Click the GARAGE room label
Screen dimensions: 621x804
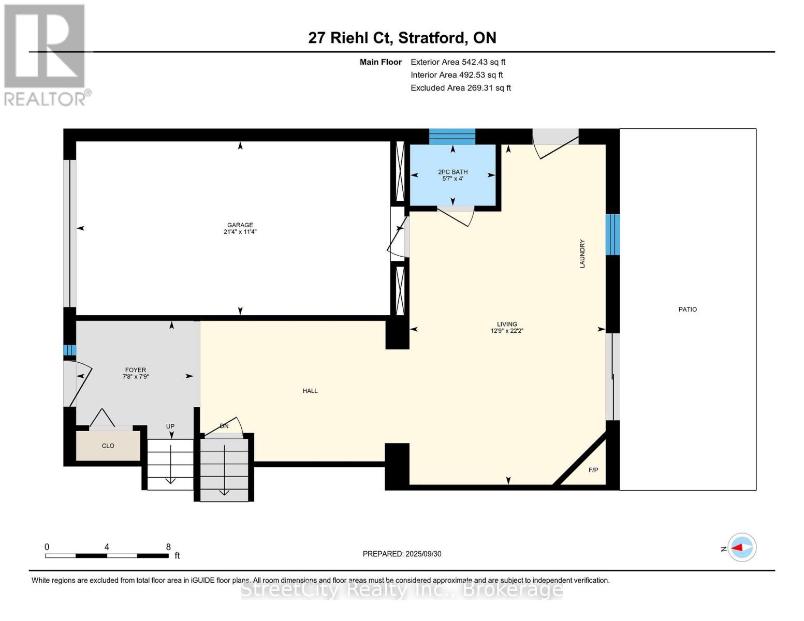(240, 225)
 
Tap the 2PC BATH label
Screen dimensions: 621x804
(452, 172)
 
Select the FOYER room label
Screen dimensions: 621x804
(136, 370)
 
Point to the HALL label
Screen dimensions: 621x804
(310, 391)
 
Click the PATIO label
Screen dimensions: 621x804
(688, 309)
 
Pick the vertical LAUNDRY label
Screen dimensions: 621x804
(582, 254)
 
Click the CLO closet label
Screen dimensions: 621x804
(108, 446)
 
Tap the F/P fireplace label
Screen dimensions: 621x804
(593, 470)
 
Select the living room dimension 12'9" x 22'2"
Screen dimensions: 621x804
(507, 331)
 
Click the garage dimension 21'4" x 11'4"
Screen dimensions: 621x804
(240, 232)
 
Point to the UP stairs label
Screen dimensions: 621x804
(170, 426)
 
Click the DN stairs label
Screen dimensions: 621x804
(224, 426)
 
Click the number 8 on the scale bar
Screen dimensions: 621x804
(168, 546)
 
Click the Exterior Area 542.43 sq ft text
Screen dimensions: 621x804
(458, 62)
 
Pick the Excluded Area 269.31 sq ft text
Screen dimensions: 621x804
(460, 88)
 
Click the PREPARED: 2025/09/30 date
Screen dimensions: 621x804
(402, 554)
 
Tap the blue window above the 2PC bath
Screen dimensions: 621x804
(452, 136)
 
